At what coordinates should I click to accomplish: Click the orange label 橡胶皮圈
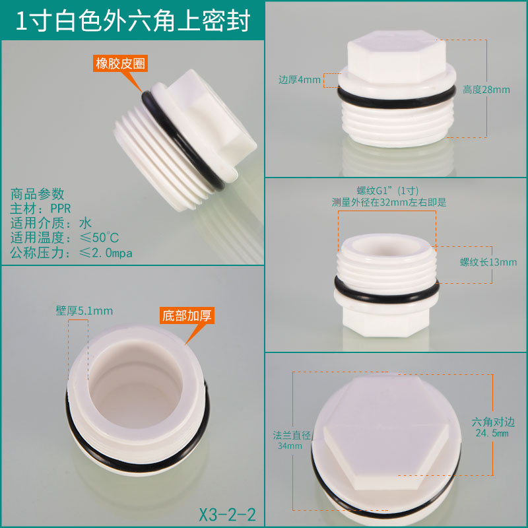pyautogui.click(x=120, y=63)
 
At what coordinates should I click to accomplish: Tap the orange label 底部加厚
pyautogui.click(x=187, y=315)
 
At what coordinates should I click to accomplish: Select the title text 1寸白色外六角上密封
pyautogui.click(x=133, y=21)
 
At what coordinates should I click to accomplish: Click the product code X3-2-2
pyautogui.click(x=228, y=514)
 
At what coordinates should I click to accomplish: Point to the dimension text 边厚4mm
pyautogui.click(x=300, y=80)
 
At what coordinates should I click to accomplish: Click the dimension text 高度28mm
pyautogui.click(x=486, y=90)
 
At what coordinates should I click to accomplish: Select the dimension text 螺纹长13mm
pyautogui.click(x=488, y=262)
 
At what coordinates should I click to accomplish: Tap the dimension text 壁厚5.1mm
pyautogui.click(x=84, y=310)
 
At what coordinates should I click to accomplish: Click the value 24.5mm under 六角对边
pyautogui.click(x=492, y=433)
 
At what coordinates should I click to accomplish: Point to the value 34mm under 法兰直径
pyautogui.click(x=290, y=446)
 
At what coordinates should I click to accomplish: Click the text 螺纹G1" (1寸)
pyautogui.click(x=387, y=191)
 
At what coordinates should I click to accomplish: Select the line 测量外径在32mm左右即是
pyautogui.click(x=389, y=203)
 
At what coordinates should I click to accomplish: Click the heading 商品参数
pyautogui.click(x=37, y=193)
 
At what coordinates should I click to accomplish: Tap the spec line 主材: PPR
pyautogui.click(x=40, y=209)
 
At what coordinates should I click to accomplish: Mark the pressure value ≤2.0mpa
pyautogui.click(x=106, y=253)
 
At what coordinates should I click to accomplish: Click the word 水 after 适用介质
pyautogui.click(x=86, y=223)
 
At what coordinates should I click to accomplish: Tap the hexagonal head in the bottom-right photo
pyautogui.click(x=386, y=434)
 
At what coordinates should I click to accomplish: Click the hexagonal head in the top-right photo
pyautogui.click(x=397, y=57)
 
